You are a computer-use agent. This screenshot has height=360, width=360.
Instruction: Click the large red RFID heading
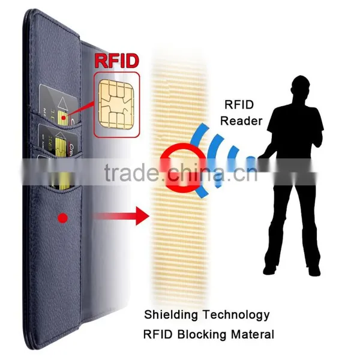pos(116,61)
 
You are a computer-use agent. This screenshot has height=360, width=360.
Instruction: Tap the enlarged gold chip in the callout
pos(116,104)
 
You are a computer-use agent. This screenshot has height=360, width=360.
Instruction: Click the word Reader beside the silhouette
pos(241,121)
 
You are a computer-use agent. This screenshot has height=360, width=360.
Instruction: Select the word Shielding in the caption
pos(171,315)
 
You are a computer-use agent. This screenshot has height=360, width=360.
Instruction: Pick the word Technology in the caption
pos(236,315)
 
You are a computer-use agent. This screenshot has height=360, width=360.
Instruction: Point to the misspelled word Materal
pos(253,335)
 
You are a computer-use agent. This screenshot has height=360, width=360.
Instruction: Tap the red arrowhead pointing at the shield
pos(142,216)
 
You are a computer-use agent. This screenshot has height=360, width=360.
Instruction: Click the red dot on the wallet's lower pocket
pos(63,218)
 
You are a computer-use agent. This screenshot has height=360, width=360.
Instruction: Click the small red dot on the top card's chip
pos(64,118)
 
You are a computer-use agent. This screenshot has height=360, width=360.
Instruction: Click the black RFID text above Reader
pos(239,104)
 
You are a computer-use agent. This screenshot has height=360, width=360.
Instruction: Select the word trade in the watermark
pos(131,173)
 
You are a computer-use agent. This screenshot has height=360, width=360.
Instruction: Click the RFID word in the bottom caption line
pos(158,334)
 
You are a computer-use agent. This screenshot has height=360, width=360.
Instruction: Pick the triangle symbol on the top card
pos(62,103)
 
